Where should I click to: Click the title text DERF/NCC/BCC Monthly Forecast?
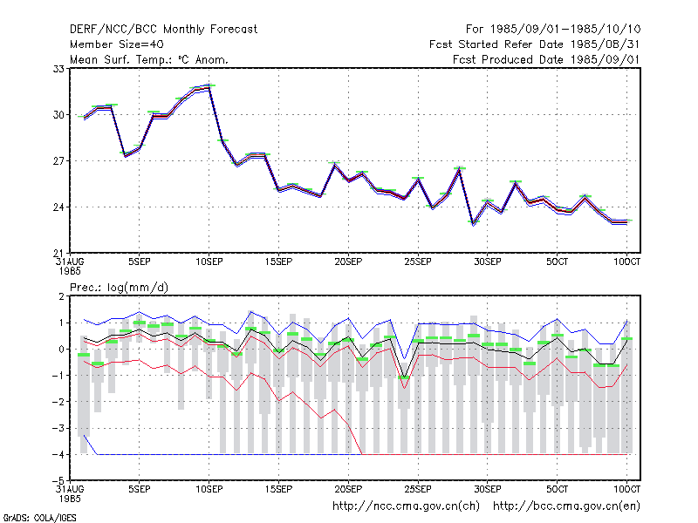tap(163, 30)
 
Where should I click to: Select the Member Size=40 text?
tap(117, 44)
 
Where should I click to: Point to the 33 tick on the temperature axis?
tap(58, 69)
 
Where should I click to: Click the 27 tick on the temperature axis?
tap(58, 160)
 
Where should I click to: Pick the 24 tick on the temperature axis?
tap(58, 207)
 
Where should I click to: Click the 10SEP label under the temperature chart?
tap(209, 262)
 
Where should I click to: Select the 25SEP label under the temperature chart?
tap(418, 262)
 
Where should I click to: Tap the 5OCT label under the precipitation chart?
tap(558, 489)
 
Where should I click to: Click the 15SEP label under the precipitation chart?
tap(278, 489)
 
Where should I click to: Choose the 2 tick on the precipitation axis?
tap(61, 296)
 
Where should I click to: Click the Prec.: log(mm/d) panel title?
tap(119, 288)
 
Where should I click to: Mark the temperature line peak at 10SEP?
tap(209, 86)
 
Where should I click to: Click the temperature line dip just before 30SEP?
tap(474, 223)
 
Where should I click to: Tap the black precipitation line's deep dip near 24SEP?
tap(404, 377)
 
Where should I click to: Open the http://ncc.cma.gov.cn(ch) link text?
tap(406, 506)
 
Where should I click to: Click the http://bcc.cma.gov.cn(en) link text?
tap(566, 506)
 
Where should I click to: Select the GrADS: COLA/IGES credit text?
tap(39, 518)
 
